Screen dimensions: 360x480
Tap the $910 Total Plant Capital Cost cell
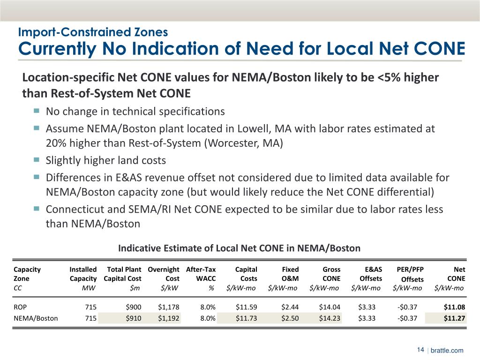[133, 318]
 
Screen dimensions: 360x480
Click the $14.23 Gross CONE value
[330, 318]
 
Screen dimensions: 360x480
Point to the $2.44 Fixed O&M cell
[289, 307]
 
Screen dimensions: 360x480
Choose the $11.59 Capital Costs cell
[247, 307]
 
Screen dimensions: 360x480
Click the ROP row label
[20, 307]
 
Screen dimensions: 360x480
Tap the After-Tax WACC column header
[201, 274]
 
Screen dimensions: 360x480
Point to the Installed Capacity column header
[83, 274]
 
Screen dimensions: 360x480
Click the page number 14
[420, 350]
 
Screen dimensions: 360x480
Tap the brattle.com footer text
[447, 350]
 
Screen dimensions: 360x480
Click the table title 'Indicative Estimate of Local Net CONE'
[239, 247]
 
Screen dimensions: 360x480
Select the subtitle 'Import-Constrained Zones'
[92, 32]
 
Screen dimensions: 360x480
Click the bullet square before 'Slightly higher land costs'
[37, 160]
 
